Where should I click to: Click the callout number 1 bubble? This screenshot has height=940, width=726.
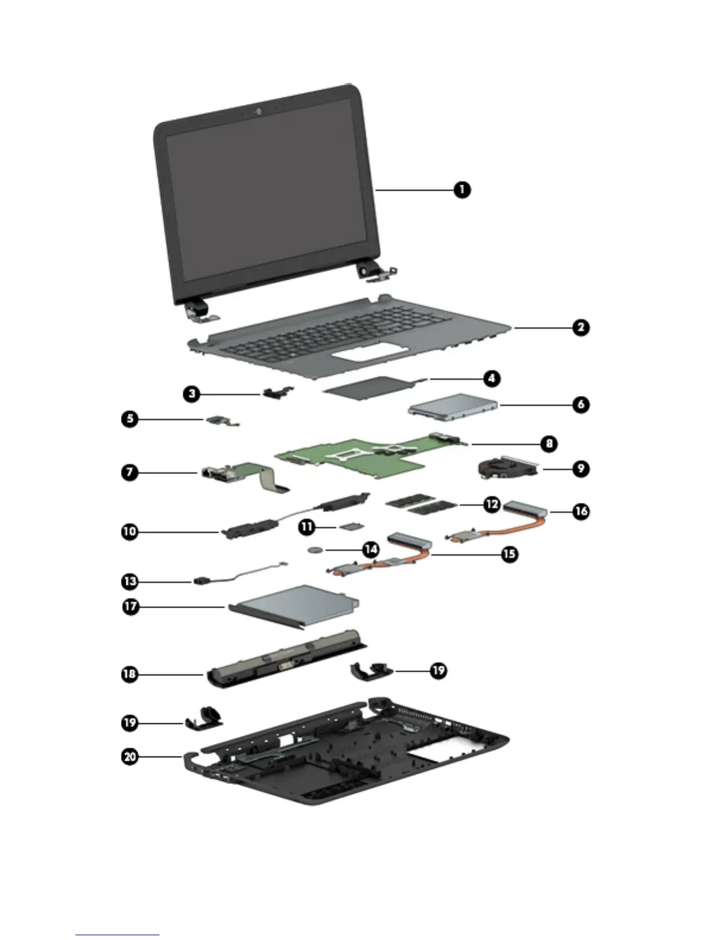[x=462, y=190]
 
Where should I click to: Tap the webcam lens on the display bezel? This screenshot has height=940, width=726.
[x=259, y=111]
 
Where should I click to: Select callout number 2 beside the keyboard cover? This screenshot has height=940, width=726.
[x=581, y=327]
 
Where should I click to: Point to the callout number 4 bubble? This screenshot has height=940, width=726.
[x=491, y=378]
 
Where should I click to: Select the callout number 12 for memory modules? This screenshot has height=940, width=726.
[x=491, y=504]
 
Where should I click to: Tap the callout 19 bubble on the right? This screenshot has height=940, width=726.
[x=438, y=671]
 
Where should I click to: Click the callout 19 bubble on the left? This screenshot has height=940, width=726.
[x=130, y=723]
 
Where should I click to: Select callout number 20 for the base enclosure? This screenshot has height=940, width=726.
[x=130, y=757]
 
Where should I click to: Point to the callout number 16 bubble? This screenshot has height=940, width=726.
[x=581, y=511]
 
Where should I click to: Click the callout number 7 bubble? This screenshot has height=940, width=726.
[x=130, y=473]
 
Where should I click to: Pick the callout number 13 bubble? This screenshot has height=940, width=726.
[x=130, y=581]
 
